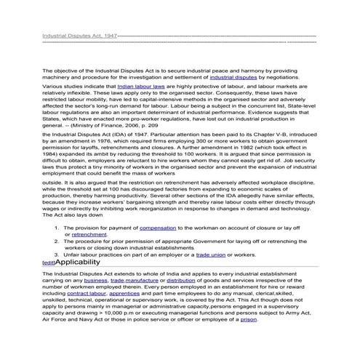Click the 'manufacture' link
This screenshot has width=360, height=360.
click(x=145, y=280)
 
